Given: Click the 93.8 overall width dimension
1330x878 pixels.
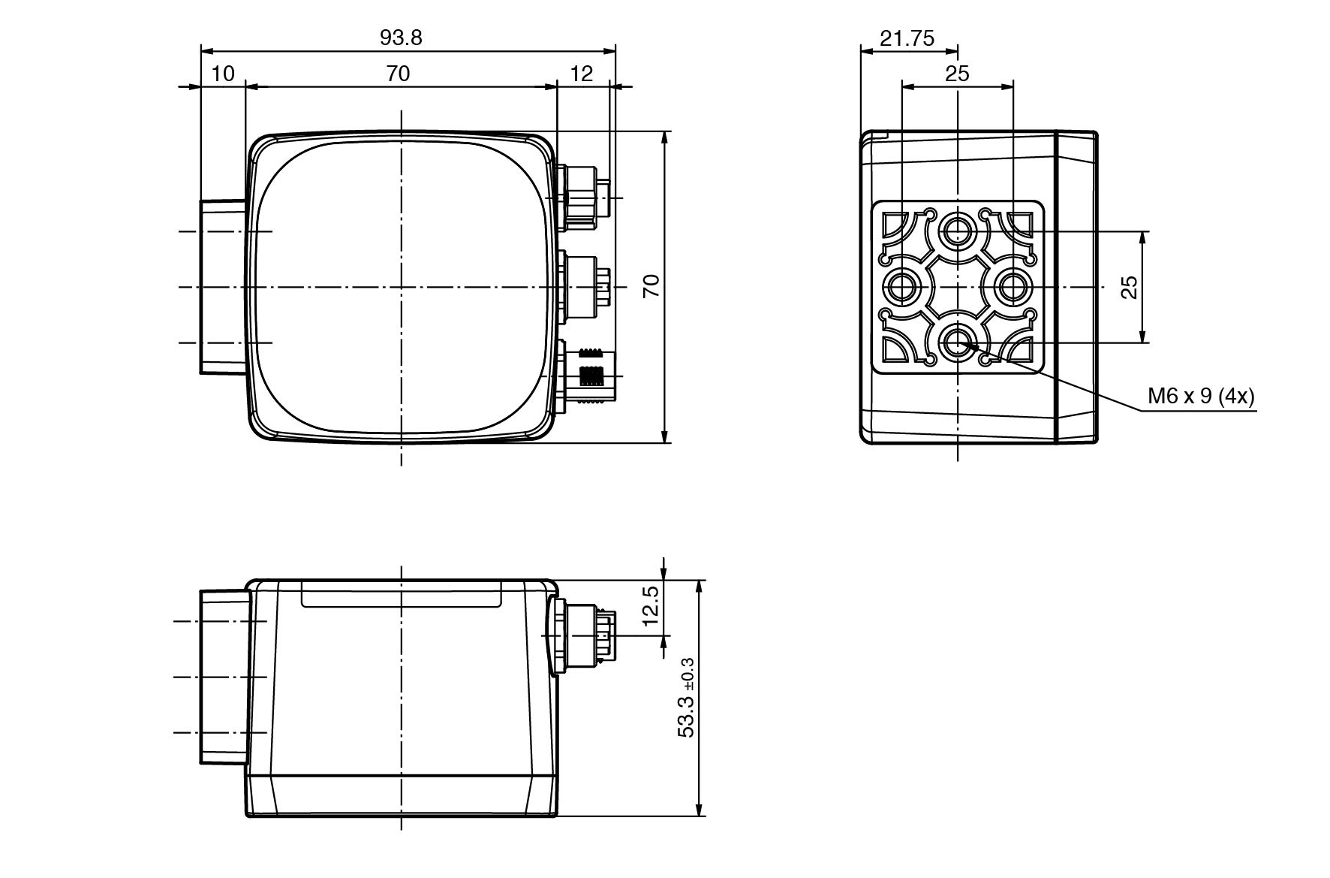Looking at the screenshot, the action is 401,38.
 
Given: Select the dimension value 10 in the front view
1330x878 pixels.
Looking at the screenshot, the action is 223,74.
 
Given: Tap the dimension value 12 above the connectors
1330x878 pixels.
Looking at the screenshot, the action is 582,74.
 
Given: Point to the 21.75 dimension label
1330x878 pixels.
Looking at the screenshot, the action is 907,38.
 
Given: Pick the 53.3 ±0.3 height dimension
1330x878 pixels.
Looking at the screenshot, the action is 686,698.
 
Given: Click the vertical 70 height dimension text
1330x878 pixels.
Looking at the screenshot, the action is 651,286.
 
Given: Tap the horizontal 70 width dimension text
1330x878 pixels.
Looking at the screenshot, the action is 398,74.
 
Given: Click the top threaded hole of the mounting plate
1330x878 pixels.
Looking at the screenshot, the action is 957,230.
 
